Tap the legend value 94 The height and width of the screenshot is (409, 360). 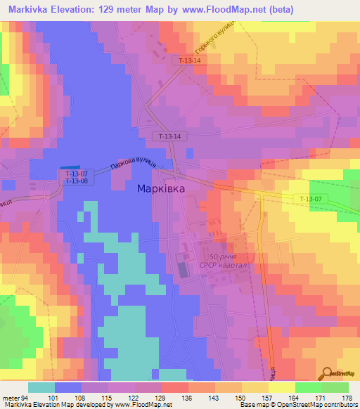24,397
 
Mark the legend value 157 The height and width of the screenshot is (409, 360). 268,397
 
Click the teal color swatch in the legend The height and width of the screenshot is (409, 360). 41,387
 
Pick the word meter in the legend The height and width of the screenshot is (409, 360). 11,397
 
